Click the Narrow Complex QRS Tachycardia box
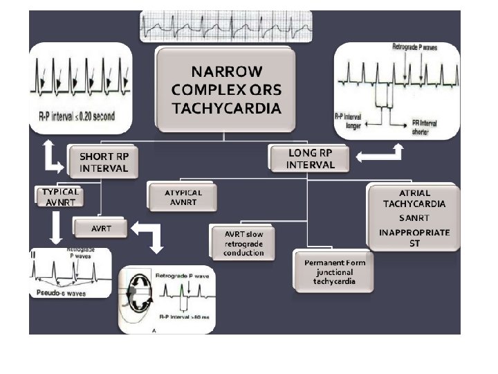(226, 89)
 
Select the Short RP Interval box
(103, 162)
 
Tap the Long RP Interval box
(311, 159)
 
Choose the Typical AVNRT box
(60, 197)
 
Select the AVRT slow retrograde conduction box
(243, 243)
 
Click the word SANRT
(414, 217)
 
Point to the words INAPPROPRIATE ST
(414, 238)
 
